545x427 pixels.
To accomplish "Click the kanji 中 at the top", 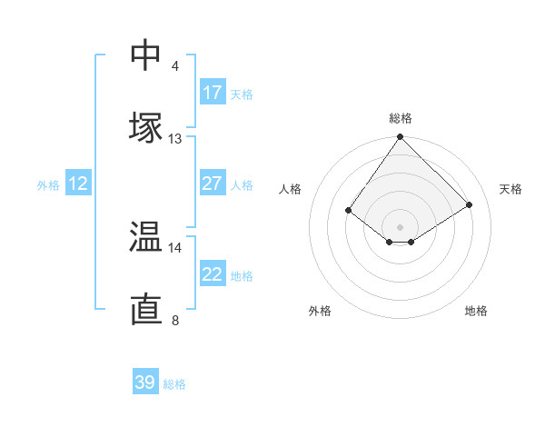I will pos(145,55).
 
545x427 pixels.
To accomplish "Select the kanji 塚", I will pos(145,126).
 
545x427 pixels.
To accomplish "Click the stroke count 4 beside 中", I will pos(175,66).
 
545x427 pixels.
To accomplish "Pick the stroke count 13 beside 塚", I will pos(175,139).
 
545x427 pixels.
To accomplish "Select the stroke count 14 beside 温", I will pos(175,247).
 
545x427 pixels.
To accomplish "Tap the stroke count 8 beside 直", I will pos(175,320).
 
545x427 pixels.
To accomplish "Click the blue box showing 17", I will pos(212,93).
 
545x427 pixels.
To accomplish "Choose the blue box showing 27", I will pos(212,184).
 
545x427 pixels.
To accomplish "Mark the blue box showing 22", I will pos(212,274).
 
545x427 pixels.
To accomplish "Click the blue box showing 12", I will pos(78,184).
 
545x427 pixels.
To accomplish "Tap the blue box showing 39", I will pos(145,382).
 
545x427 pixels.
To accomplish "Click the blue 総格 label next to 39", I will pos(174,384).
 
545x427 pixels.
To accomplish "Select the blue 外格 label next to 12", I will pos(48,185).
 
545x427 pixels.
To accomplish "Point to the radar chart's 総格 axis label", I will pos(401,119).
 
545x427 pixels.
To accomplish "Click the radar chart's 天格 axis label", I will pos(511,189).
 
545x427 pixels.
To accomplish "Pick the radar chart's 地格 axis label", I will pos(476,311).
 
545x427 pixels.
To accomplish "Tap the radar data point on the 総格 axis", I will pos(401,137).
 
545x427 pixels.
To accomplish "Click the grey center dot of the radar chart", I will pos(401,226).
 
